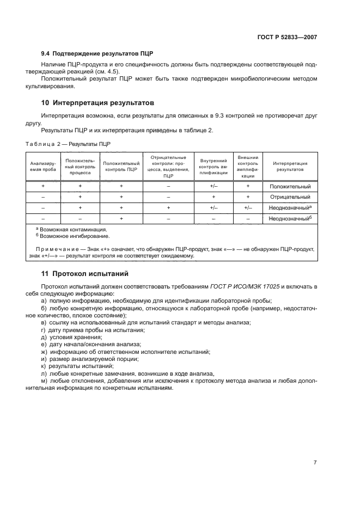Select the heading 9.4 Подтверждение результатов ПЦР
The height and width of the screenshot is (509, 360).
click(x=97, y=54)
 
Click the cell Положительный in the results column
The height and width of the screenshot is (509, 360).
click(x=290, y=187)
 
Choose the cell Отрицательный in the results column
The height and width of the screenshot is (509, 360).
click(x=290, y=197)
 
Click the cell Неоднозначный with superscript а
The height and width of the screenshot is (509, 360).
click(x=290, y=208)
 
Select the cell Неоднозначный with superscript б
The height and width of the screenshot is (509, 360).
click(x=290, y=218)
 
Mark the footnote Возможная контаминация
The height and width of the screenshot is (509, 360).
click(x=71, y=230)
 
